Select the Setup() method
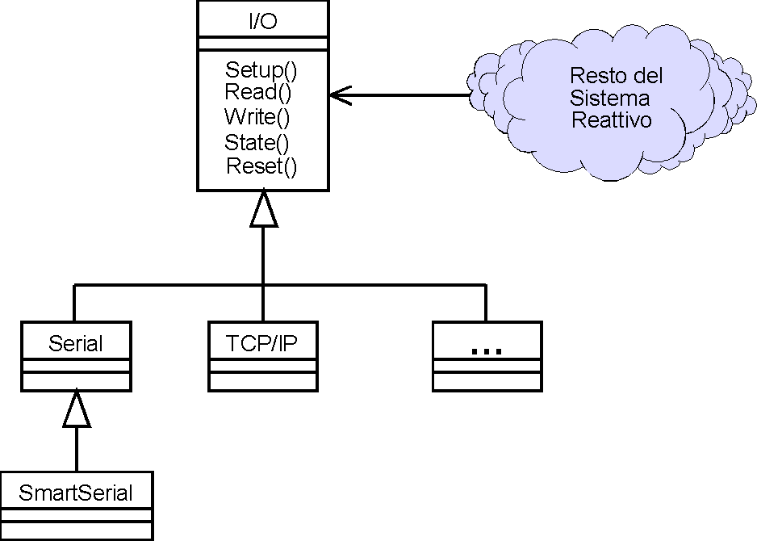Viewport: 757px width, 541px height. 261,69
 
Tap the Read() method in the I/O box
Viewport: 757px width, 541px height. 257,91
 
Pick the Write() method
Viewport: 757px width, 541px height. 257,116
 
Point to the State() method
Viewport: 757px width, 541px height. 257,143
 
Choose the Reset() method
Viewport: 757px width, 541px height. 261,166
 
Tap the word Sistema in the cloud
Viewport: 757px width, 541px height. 609,99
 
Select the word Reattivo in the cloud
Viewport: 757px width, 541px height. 612,120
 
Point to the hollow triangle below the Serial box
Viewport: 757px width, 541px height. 76,409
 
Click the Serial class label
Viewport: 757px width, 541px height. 76,343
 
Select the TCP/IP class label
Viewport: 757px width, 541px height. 261,343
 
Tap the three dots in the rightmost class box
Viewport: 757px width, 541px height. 486,350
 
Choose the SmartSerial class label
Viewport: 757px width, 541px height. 76,492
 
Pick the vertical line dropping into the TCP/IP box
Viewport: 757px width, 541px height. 263,304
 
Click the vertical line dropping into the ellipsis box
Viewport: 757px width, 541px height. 486,304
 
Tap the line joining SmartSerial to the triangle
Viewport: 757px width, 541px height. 76,450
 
